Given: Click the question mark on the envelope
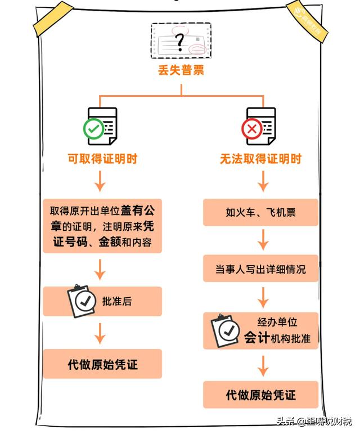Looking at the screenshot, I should tap(180, 41).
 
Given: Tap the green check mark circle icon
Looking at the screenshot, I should tap(92, 128).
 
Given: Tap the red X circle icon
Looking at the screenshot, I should tap(250, 129).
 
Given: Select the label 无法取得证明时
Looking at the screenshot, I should tap(260, 159).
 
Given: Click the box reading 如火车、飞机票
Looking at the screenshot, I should tap(260, 212).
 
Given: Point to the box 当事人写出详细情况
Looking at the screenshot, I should tap(260, 269).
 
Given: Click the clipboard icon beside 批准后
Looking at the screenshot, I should tap(81, 301).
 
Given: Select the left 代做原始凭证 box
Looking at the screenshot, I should tap(102, 364).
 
